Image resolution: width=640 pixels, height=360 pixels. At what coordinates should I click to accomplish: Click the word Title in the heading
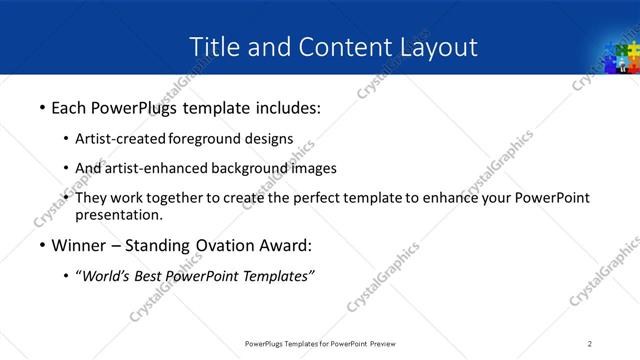pos(211,46)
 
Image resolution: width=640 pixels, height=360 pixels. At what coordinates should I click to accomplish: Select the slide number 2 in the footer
pos(590,343)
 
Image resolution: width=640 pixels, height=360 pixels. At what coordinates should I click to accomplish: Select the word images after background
pos(315,168)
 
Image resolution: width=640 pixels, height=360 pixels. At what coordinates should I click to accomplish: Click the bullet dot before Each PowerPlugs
pos(41,105)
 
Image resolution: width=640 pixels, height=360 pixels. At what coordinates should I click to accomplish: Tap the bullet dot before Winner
pos(41,244)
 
